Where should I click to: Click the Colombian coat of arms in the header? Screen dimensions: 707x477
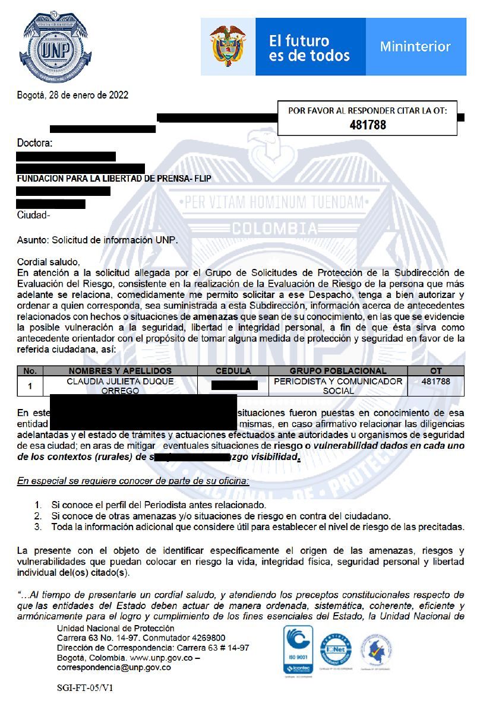pos(228,46)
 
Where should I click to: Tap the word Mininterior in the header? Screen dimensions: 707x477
pos(415,46)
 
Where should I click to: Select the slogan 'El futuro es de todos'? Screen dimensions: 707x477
pos(309,48)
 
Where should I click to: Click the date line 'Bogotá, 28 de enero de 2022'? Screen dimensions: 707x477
pos(72,95)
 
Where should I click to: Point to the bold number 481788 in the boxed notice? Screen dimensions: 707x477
pos(368,125)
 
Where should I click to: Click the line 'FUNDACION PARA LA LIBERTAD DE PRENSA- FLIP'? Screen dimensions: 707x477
pos(114,179)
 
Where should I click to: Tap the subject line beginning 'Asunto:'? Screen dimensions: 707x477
pos(97,240)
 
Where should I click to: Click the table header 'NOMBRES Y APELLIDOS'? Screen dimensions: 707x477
pos(120,371)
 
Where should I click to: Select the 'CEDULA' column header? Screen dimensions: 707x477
pos(233,371)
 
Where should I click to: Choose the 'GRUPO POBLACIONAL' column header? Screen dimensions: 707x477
pos(337,371)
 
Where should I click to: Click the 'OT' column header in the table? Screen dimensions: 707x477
pos(435,371)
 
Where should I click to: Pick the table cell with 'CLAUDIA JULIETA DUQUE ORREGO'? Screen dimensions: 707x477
pos(120,386)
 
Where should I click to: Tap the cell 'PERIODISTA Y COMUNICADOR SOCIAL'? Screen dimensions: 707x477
pos(337,386)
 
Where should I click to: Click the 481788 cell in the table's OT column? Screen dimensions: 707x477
pos(435,382)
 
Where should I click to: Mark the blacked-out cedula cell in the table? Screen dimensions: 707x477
pos(234,386)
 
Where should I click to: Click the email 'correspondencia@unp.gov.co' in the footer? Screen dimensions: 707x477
pos(113,667)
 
